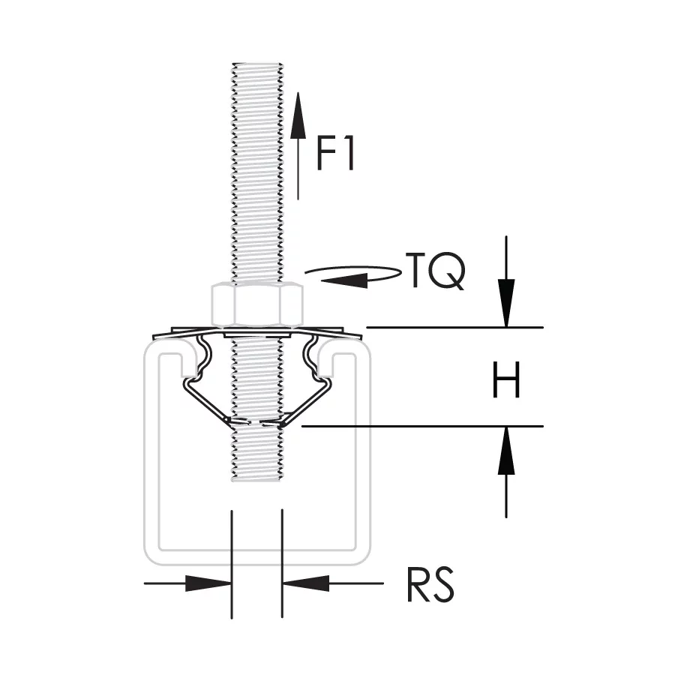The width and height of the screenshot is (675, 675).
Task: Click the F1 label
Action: (x=335, y=154)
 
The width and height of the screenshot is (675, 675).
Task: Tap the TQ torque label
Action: (x=436, y=271)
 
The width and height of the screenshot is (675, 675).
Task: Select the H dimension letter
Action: (x=506, y=379)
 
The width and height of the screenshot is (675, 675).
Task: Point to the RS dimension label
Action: (x=430, y=585)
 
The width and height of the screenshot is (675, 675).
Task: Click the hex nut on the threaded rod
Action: (x=257, y=304)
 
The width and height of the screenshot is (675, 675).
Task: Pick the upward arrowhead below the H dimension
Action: (x=506, y=450)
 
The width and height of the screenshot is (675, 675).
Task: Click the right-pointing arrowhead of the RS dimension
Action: (x=208, y=583)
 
